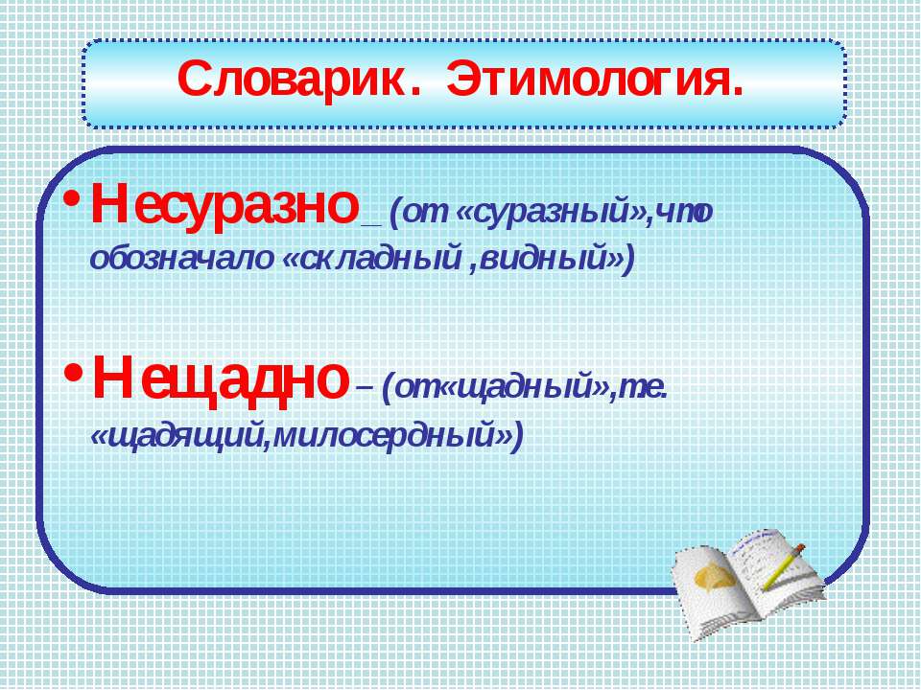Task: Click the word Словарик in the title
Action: [292, 80]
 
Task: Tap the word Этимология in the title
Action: [595, 80]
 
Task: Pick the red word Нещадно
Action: [221, 379]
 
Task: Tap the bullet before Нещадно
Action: [74, 372]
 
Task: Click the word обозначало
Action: [181, 258]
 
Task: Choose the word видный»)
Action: [556, 260]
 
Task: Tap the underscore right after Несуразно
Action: [372, 225]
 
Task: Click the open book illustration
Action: [747, 584]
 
